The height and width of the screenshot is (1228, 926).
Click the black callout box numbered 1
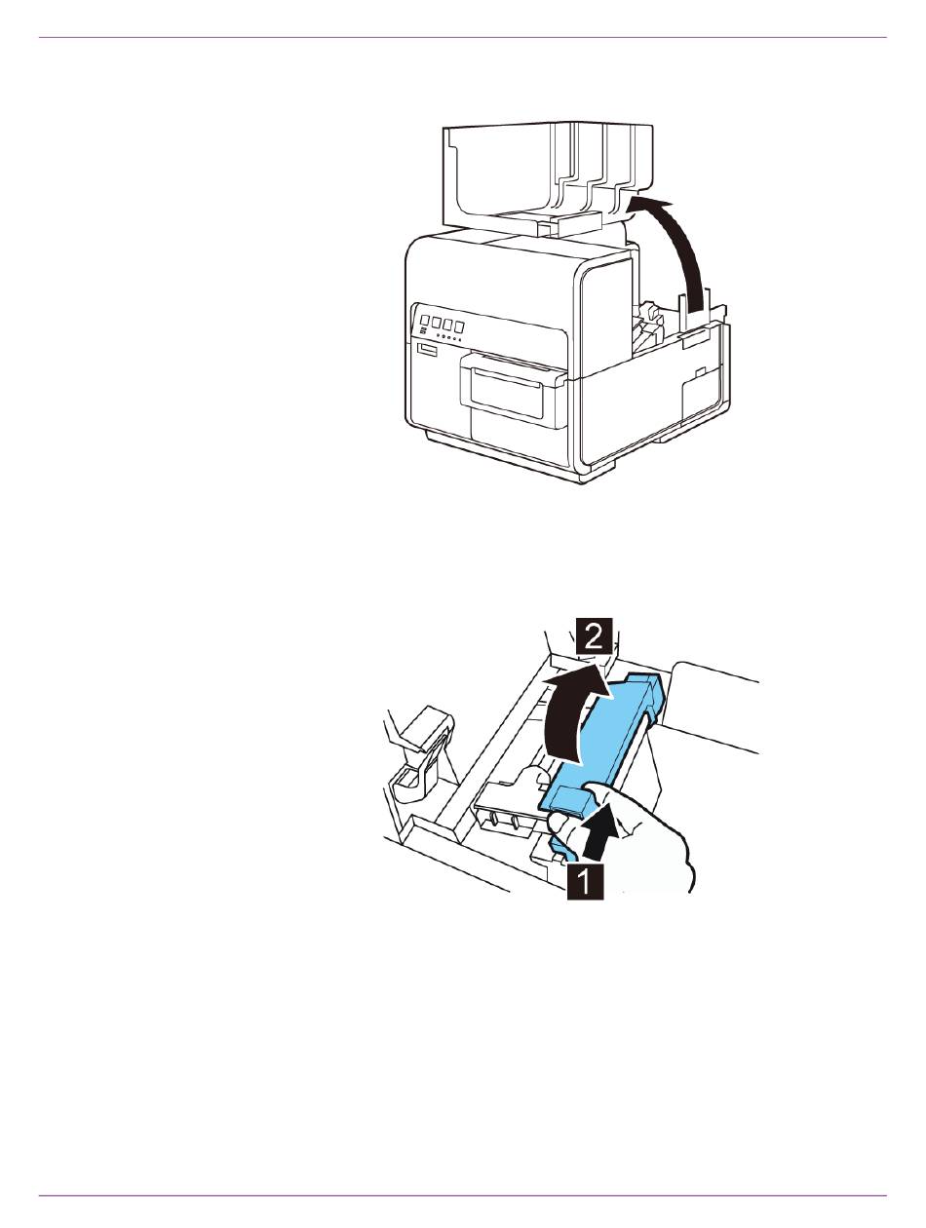coord(585,882)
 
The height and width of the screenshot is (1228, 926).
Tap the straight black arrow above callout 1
coord(598,828)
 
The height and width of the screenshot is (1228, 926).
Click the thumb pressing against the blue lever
coord(560,823)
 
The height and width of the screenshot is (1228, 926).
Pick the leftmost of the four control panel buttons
coord(425,321)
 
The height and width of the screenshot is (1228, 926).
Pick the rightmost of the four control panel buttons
coord(459,326)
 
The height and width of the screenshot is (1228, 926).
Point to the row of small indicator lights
coord(447,338)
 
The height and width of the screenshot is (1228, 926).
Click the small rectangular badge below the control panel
coord(429,350)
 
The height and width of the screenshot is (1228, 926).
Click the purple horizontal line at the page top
coord(463,37)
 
